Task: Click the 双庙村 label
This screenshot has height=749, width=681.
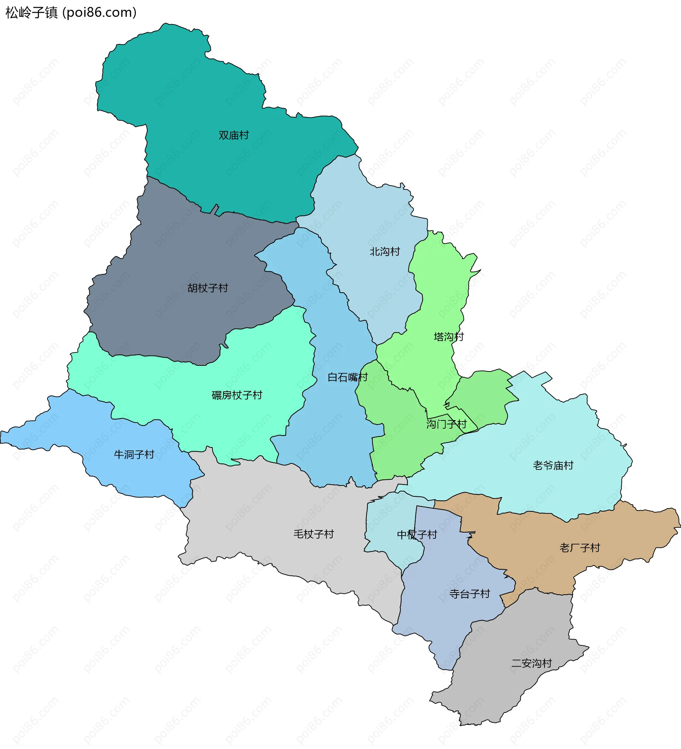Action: pos(233,135)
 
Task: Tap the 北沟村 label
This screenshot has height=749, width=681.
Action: pos(385,252)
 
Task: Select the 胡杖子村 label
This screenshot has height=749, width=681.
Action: pos(207,288)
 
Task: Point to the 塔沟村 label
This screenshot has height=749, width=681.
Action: pos(449,337)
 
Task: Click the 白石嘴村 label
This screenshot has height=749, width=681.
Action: pos(348,377)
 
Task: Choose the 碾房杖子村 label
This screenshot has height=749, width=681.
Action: pos(237,395)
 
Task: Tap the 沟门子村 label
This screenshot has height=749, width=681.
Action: pos(446,424)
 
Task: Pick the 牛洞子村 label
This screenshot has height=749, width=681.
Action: pos(134,455)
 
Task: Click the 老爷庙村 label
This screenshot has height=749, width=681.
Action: pos(553,465)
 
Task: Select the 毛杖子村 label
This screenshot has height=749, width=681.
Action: pos(314,534)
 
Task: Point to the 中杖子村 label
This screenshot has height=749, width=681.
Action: pos(417,535)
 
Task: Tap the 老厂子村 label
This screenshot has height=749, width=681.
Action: pos(580,547)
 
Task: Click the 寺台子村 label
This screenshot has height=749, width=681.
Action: pos(470,594)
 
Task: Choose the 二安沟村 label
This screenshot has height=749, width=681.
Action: pos(531,663)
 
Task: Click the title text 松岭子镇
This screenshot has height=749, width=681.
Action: pos(32,13)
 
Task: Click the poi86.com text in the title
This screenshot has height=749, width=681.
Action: pos(100,13)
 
